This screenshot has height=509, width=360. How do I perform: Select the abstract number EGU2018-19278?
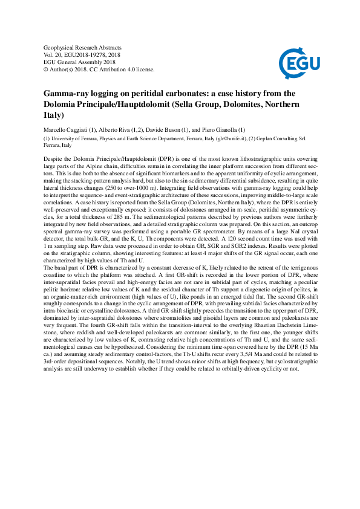tap(90, 54)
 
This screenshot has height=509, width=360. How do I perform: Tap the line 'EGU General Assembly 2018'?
tap(80, 62)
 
